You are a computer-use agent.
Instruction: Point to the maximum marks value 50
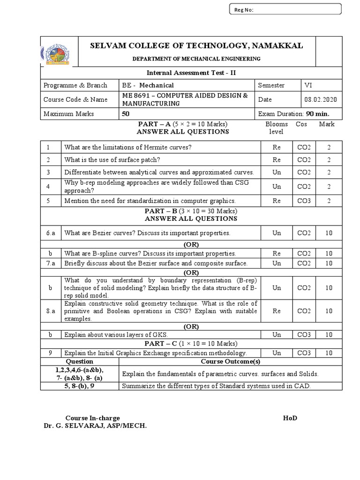click(125, 114)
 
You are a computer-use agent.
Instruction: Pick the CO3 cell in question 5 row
click(304, 201)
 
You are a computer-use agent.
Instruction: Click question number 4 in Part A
click(48, 187)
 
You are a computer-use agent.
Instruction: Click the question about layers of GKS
click(116, 335)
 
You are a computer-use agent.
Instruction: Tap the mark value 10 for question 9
click(329, 353)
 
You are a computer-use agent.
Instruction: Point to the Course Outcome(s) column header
click(230, 361)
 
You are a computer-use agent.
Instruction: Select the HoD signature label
click(290, 418)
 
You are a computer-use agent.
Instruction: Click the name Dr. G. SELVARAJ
click(83, 426)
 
